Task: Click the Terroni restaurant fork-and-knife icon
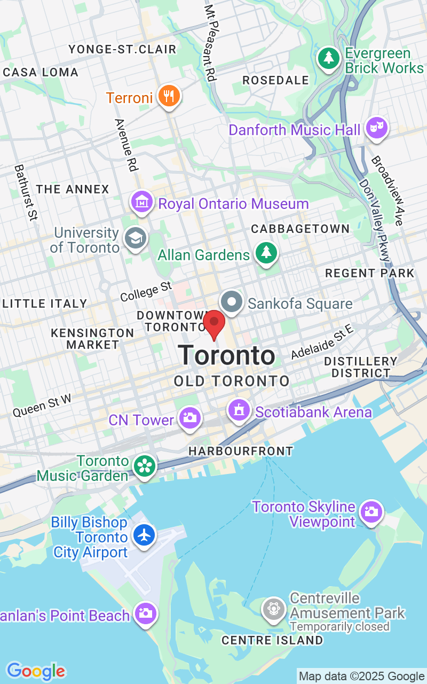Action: tap(169, 96)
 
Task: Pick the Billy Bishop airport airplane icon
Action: tap(144, 535)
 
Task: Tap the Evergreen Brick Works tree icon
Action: tap(329, 58)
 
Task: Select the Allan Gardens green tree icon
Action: tap(265, 252)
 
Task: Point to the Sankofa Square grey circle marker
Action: tap(232, 302)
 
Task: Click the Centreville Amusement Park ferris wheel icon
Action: tap(274, 609)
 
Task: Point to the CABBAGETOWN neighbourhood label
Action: tap(301, 229)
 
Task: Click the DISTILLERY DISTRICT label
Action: tap(361, 367)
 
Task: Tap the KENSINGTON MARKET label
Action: tap(92, 339)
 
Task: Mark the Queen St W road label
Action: tap(42, 406)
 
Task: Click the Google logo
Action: tap(36, 671)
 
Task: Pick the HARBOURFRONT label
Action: tap(241, 451)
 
